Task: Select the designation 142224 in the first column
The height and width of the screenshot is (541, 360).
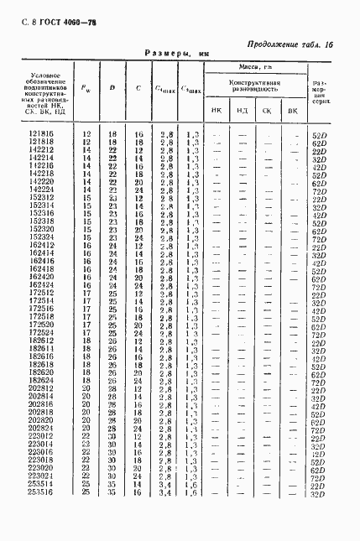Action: (40, 190)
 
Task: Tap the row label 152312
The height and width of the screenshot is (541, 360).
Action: (40, 199)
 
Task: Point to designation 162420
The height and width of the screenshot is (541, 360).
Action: (40, 277)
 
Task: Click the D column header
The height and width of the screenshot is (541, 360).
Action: (112, 87)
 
